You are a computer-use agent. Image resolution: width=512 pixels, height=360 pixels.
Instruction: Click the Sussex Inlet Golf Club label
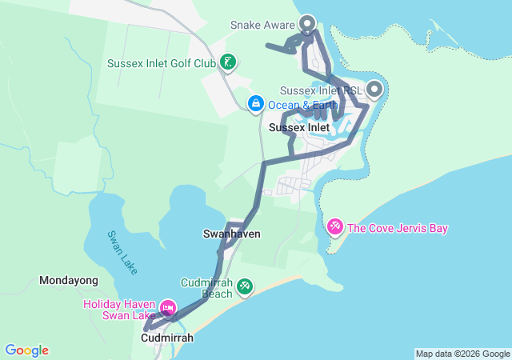point(162,62)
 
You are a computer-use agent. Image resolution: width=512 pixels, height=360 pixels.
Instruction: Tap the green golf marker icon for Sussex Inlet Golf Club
point(227,62)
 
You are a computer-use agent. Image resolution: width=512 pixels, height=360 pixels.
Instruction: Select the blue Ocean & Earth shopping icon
point(255,103)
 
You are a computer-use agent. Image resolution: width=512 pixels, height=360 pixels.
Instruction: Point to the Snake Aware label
point(262,25)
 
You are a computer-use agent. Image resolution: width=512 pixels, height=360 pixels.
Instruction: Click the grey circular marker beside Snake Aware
point(306,23)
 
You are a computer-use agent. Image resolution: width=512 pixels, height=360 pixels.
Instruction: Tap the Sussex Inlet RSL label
point(322,90)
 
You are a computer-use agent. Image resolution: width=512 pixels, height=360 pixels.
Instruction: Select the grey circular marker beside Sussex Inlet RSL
point(374,90)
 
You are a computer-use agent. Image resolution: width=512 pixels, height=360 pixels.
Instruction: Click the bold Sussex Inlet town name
point(299,127)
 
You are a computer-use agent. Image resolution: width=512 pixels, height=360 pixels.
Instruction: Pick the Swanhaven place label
point(232,234)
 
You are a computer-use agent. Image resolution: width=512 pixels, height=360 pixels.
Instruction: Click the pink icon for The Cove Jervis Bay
point(335,228)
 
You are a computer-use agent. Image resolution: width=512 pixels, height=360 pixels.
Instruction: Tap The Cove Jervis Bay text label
point(398,229)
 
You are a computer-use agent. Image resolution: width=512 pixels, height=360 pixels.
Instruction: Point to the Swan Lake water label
point(122,252)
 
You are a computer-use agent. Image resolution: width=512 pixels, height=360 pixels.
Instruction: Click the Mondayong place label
point(69,281)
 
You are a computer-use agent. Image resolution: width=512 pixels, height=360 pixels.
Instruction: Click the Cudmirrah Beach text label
point(206,288)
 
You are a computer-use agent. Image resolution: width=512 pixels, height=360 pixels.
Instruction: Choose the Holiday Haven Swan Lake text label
point(120,310)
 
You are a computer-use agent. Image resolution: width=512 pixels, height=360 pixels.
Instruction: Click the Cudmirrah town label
point(166,338)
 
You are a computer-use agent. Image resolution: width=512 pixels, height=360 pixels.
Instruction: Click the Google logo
point(26,350)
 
